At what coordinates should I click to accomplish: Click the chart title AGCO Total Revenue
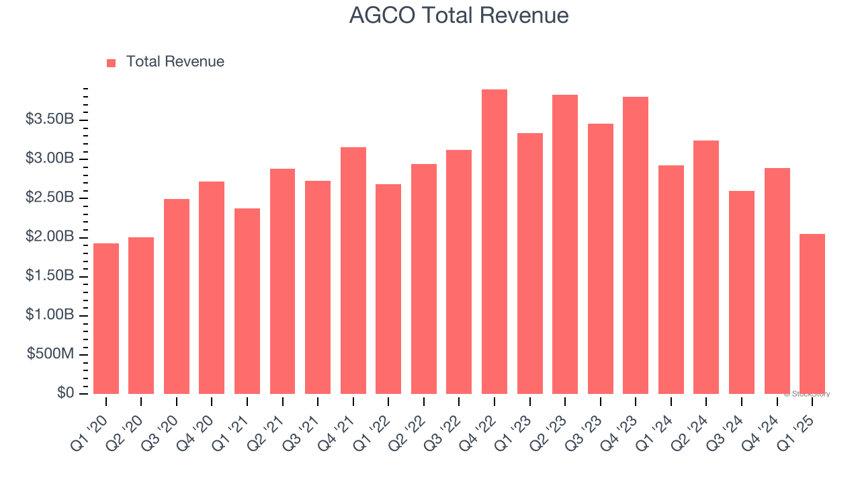coord(459,15)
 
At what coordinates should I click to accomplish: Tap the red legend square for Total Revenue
coord(112,63)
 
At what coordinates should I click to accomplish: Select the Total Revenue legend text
coord(175,62)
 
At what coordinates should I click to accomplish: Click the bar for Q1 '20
coord(106,319)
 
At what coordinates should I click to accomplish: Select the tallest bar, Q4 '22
coord(494,242)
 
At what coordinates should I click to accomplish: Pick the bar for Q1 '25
coord(812,314)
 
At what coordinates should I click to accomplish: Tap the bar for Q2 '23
coord(565,245)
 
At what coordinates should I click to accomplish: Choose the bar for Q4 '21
coord(353,271)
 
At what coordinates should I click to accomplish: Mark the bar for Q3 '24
coord(742,292)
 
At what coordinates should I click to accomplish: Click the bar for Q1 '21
coord(247,301)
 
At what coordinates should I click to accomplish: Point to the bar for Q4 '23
coord(636,245)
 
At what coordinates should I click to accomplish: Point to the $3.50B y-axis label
coord(50,120)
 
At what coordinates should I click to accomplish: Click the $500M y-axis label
coord(51,354)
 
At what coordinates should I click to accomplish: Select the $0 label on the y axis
coord(66,393)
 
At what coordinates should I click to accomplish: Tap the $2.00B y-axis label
coord(50,237)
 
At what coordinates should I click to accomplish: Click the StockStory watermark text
coord(807,394)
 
